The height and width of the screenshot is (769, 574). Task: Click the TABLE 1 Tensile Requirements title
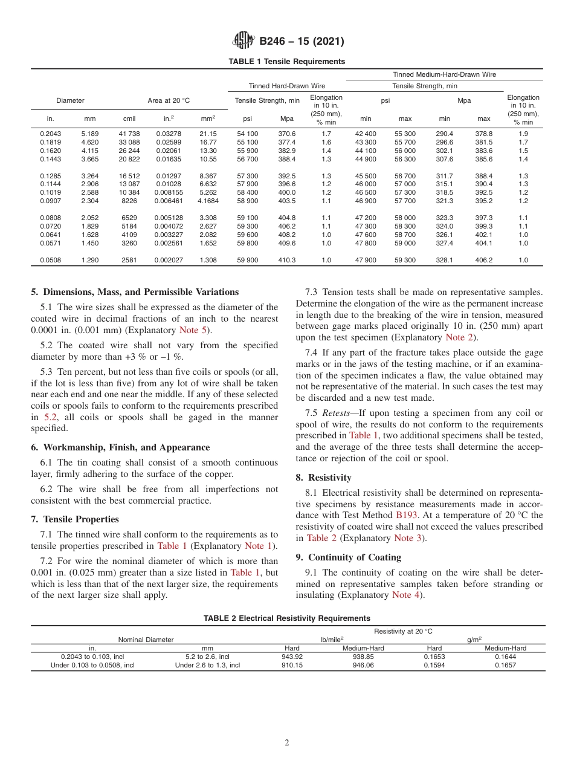pyautogui.click(x=287, y=62)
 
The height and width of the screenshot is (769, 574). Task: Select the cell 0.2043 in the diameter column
pyautogui.click(x=50, y=134)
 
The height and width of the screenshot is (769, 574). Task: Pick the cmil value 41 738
pyautogui.click(x=129, y=134)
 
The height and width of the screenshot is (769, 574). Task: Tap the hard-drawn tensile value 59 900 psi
pyautogui.click(x=247, y=260)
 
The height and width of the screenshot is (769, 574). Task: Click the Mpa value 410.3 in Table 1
pyautogui.click(x=287, y=260)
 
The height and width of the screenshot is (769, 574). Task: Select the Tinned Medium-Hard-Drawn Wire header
pyautogui.click(x=444, y=74)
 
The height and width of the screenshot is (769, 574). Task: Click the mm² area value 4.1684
pyautogui.click(x=208, y=201)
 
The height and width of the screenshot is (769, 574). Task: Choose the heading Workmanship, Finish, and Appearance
pyautogui.click(x=120, y=447)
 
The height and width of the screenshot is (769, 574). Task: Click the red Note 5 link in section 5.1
pyautogui.click(x=195, y=330)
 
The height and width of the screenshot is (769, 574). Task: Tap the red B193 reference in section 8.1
pyautogui.click(x=406, y=515)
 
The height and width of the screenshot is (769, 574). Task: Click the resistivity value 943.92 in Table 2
pyautogui.click(x=292, y=657)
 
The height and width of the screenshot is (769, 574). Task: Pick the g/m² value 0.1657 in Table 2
pyautogui.click(x=505, y=665)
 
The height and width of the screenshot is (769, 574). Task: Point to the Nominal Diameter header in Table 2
pyautogui.click(x=146, y=639)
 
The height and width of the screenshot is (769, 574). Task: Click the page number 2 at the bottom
pyautogui.click(x=287, y=743)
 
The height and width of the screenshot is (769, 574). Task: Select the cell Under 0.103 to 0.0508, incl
pyautogui.click(x=92, y=665)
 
